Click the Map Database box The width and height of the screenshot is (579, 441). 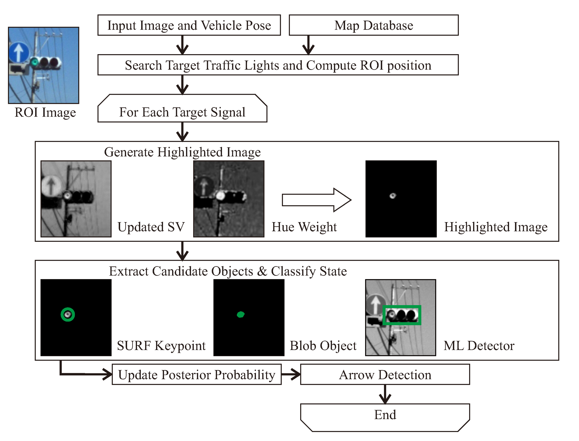[373, 25]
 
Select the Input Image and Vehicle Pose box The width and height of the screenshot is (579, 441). [189, 25]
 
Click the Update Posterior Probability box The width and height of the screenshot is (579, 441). [197, 374]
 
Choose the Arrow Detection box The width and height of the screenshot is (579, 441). [385, 374]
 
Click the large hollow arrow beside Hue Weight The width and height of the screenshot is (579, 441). [316, 200]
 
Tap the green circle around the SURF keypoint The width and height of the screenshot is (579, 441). [68, 315]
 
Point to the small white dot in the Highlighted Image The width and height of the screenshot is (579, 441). [393, 195]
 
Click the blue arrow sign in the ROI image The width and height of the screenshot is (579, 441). [19, 52]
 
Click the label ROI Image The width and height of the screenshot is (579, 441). [45, 112]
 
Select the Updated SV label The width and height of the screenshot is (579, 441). [151, 227]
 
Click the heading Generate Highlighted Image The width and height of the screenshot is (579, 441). [182, 152]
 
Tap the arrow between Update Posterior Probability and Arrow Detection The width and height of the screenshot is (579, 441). [291, 374]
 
